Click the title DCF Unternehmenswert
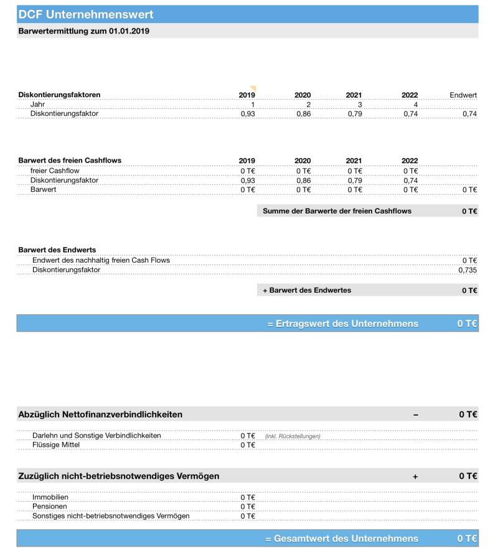pyautogui.click(x=85, y=14)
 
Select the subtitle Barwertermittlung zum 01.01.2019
pyautogui.click(x=83, y=31)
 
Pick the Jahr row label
pyautogui.click(x=37, y=105)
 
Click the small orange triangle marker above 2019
pyautogui.click(x=253, y=88)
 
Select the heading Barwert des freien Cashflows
pyautogui.click(x=70, y=161)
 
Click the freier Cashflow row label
pyautogui.click(x=55, y=171)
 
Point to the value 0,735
pyautogui.click(x=467, y=270)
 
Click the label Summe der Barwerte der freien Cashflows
pyautogui.click(x=337, y=211)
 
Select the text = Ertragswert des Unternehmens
pyautogui.click(x=342, y=324)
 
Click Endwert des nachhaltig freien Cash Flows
pyautogui.click(x=101, y=260)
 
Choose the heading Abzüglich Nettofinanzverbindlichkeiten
pyautogui.click(x=100, y=415)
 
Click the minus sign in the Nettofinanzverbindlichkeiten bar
pyautogui.click(x=415, y=415)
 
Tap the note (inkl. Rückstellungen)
pyautogui.click(x=293, y=436)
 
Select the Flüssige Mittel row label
pyautogui.click(x=56, y=445)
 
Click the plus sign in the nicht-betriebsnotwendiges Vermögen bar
pyautogui.click(x=415, y=476)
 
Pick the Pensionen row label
pyautogui.click(x=50, y=507)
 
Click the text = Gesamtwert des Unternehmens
pyautogui.click(x=342, y=538)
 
